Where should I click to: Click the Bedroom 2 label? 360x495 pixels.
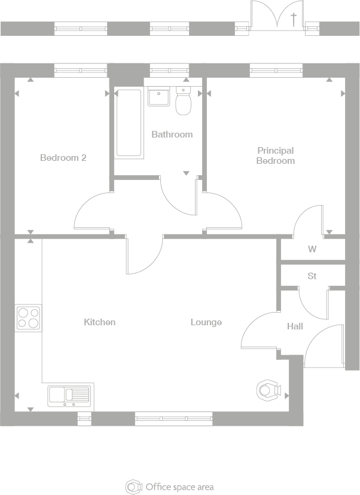point(63,158)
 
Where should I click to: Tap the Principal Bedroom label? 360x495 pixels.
point(276,155)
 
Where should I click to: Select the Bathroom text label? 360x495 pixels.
point(172,135)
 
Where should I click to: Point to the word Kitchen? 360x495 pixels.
point(99,322)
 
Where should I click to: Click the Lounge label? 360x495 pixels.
point(206,322)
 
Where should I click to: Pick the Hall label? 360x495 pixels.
point(295,326)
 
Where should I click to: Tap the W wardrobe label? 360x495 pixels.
point(312,249)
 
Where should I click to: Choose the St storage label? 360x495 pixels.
point(312,276)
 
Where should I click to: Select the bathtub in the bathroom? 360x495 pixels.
point(129,123)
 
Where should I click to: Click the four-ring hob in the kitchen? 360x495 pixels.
point(28,318)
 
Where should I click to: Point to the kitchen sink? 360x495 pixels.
point(69,395)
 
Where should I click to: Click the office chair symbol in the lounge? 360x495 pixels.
point(267,390)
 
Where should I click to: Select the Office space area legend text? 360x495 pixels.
point(179,487)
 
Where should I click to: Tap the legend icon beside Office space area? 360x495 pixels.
point(133,487)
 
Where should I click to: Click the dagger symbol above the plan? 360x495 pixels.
point(293,19)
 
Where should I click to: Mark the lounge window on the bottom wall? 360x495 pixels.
point(173,418)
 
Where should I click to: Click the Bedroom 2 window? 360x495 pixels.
point(81,71)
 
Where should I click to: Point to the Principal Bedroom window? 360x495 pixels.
point(276,71)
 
